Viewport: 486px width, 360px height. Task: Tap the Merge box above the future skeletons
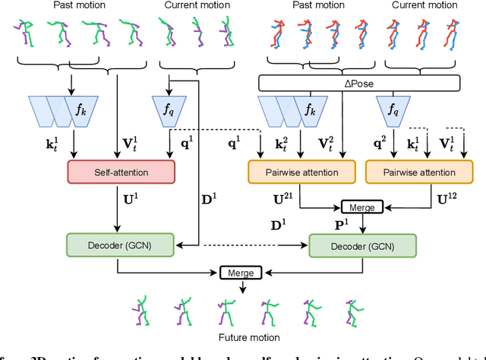click(x=240, y=272)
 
